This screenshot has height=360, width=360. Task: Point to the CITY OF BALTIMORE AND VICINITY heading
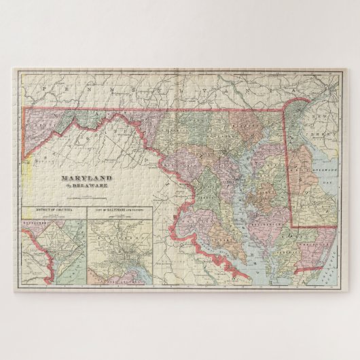pos(121,211)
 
